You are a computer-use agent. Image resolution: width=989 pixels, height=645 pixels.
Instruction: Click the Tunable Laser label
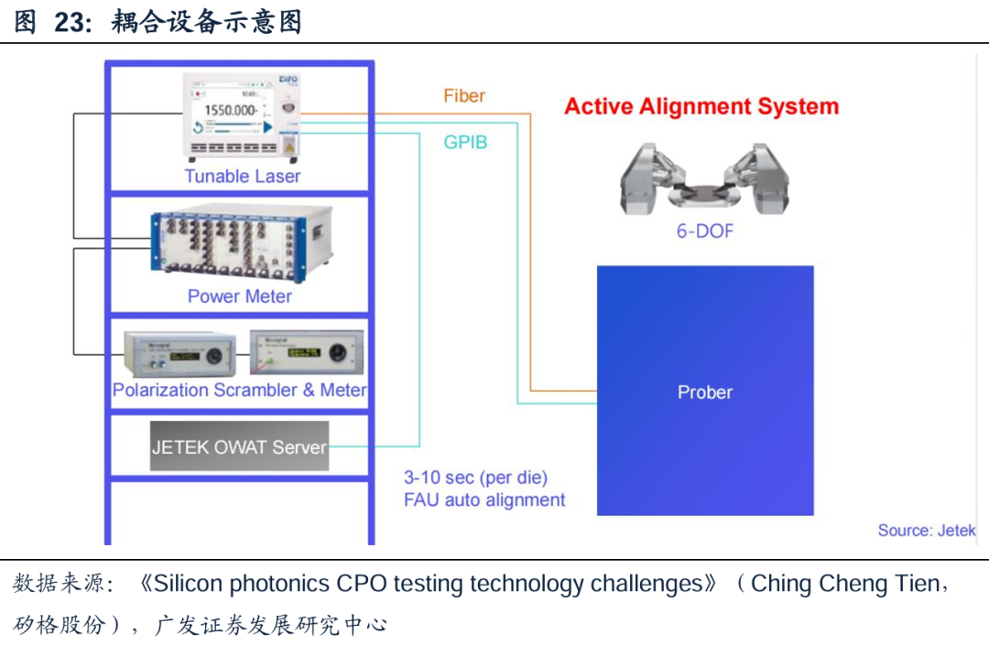tap(242, 176)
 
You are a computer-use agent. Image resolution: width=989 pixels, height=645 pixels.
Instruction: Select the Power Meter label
tap(239, 296)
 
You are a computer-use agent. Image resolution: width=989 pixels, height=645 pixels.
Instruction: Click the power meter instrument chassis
tap(240, 242)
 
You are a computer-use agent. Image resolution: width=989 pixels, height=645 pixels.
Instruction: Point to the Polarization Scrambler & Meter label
tap(239, 390)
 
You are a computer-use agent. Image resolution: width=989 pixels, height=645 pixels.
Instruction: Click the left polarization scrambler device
tap(179, 353)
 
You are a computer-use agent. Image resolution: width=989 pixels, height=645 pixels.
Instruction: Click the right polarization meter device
tap(306, 350)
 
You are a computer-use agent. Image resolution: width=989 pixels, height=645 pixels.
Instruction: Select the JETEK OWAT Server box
tap(239, 447)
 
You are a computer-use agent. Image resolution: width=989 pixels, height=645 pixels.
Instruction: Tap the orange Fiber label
tap(464, 96)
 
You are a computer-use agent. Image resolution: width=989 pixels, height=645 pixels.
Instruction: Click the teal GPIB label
tap(465, 143)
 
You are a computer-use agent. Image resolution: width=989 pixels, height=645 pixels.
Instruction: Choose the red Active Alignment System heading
tap(701, 106)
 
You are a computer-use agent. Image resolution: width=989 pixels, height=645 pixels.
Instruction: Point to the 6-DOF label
tap(704, 231)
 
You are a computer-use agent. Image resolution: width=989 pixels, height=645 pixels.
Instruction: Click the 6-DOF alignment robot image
tap(704, 177)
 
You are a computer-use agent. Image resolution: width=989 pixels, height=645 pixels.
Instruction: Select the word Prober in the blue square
tap(704, 392)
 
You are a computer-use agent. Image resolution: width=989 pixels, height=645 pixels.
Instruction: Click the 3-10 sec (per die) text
tap(475, 478)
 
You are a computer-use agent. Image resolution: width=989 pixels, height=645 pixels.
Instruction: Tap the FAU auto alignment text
tap(484, 500)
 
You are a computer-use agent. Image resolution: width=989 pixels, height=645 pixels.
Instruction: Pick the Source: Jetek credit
tap(926, 531)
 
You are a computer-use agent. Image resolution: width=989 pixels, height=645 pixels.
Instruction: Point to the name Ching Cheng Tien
tap(843, 584)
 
